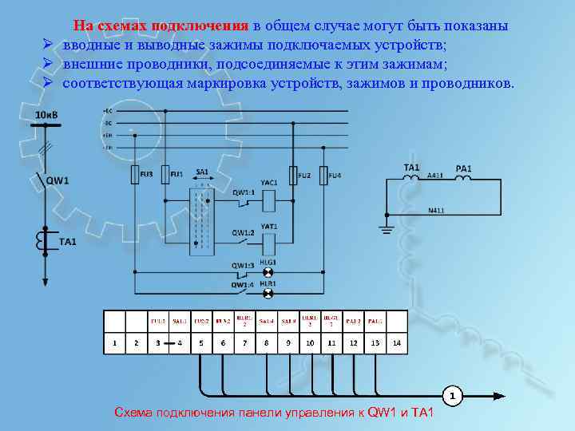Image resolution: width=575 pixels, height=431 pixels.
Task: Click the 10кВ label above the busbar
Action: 47,115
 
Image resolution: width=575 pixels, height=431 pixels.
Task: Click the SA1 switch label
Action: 201,172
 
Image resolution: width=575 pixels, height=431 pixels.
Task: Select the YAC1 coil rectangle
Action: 269,195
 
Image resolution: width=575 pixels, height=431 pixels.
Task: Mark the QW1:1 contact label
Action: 244,192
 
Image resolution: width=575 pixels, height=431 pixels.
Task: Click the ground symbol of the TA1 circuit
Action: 387,230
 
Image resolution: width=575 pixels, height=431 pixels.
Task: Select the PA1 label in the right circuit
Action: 463,168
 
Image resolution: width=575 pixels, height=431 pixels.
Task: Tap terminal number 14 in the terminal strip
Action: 397,343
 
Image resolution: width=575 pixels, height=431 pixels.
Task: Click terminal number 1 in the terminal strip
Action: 115,343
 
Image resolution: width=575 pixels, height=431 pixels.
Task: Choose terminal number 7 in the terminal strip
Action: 244,343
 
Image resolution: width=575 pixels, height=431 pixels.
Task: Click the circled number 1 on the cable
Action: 451,395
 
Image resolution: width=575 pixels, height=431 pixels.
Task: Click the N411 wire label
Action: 437,210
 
